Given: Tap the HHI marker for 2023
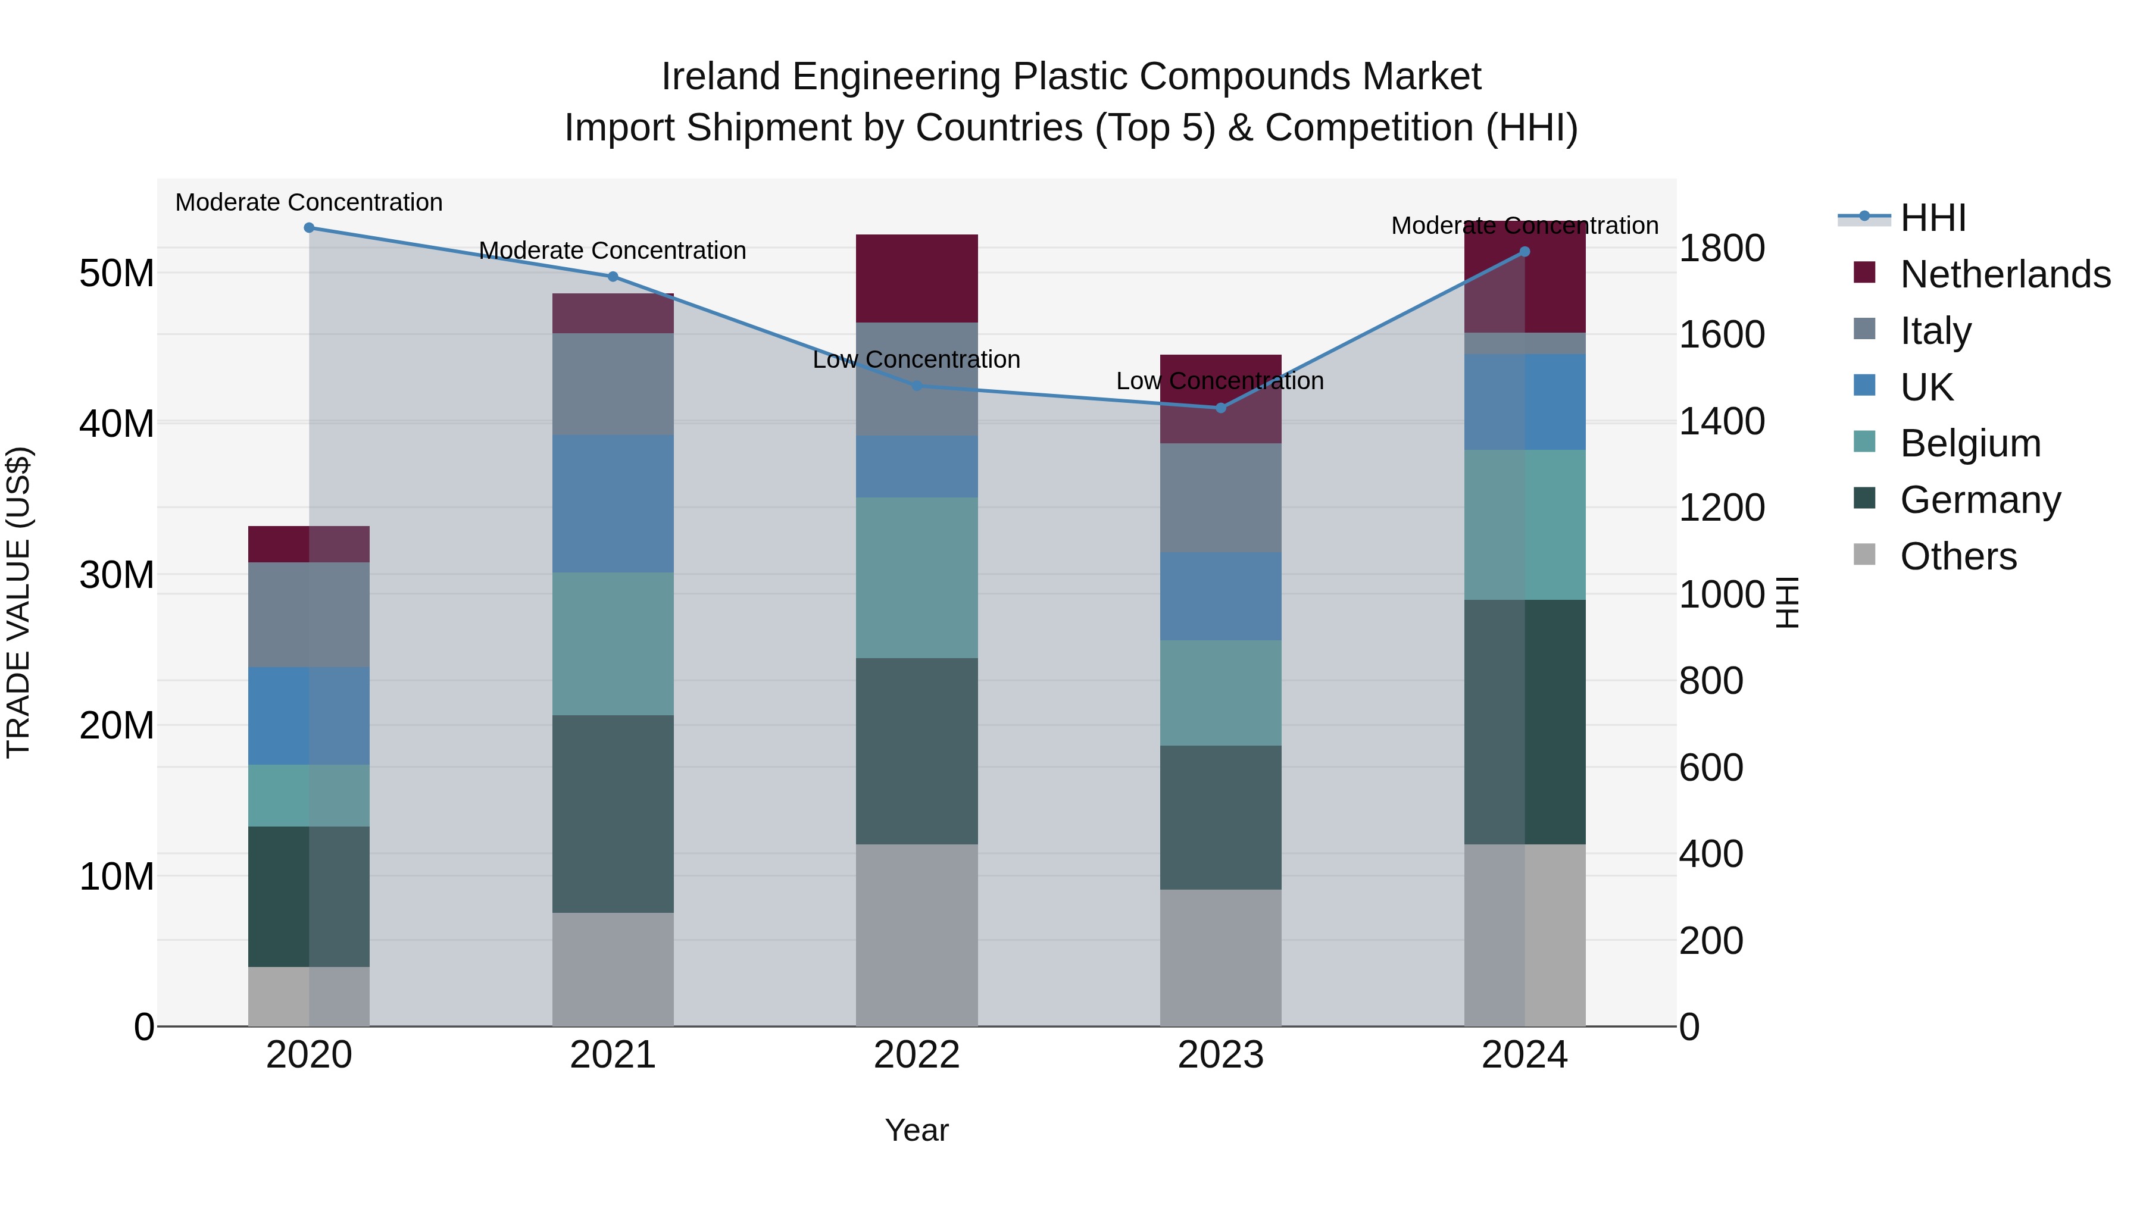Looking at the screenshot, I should tap(1220, 408).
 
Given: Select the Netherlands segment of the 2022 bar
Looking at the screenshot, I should tap(917, 278).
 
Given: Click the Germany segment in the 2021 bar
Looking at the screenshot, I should tap(613, 814).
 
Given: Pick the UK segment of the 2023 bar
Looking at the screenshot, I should tap(1220, 596).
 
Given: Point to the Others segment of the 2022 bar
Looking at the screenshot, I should tap(917, 935).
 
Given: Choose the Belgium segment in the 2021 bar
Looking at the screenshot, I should tap(613, 644).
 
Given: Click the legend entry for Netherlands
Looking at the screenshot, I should tap(2005, 274).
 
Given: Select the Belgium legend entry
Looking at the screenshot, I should tap(1970, 443).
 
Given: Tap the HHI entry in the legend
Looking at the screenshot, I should tap(1932, 218).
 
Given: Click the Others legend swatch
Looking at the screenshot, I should tap(1864, 555).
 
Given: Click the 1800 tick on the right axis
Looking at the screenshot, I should tap(1721, 249).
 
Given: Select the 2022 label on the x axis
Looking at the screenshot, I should tap(917, 1055).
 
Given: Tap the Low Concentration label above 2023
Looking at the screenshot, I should tap(1220, 381).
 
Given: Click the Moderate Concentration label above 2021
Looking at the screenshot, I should tap(613, 251).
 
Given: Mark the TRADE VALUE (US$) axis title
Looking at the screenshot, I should tap(19, 602).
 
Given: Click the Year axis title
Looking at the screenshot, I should tap(917, 1130).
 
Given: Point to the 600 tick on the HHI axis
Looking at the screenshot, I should tap(1710, 768).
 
